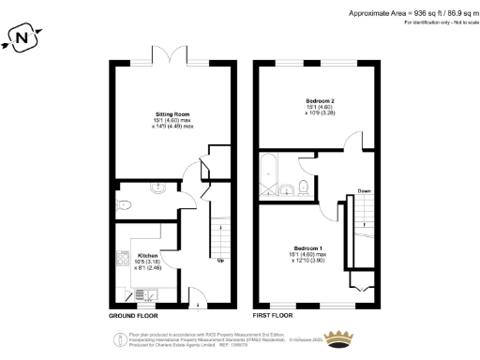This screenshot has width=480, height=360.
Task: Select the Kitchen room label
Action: tap(148, 254)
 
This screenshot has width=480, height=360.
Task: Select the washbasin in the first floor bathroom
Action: tap(285, 193)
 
